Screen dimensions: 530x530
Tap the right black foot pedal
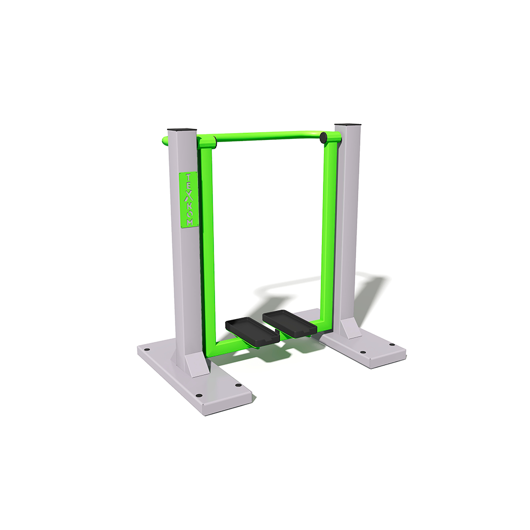(x=290, y=323)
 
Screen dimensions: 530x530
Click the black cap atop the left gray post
(x=182, y=130)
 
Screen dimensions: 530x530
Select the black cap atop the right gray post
(x=348, y=125)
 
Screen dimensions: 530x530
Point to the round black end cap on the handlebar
(x=323, y=137)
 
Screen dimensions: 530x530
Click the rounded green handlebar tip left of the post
(x=165, y=140)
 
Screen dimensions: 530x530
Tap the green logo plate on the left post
(x=188, y=200)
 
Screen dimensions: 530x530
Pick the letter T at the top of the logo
(x=188, y=178)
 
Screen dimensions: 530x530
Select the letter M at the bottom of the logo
(x=190, y=223)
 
